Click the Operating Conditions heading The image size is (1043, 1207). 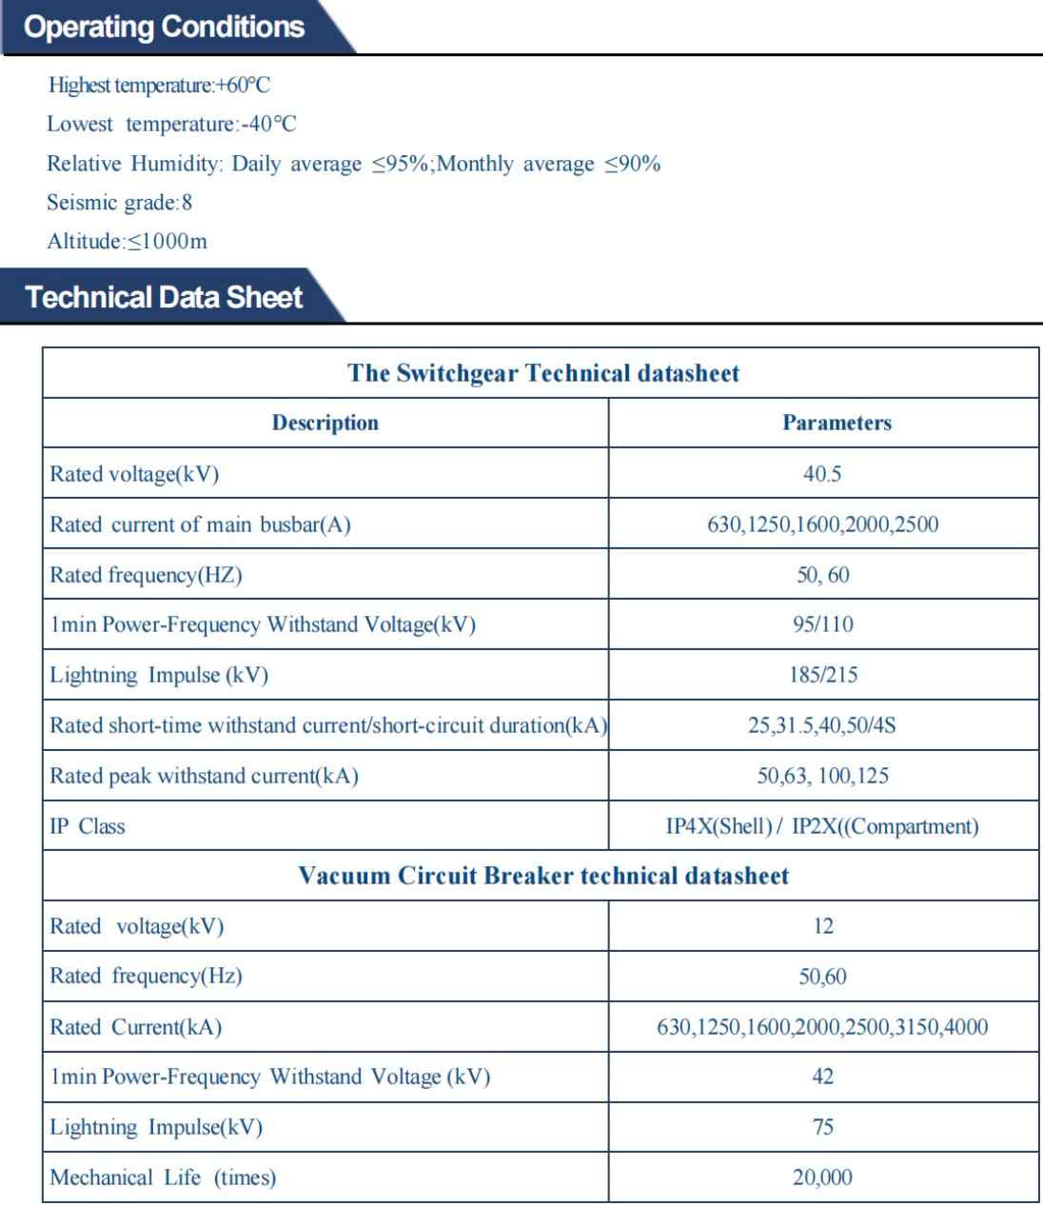(x=165, y=27)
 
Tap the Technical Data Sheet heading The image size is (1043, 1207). (x=165, y=297)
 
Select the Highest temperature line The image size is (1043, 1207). (x=159, y=86)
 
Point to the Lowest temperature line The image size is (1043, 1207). (x=171, y=125)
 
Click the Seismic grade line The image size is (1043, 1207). (x=120, y=203)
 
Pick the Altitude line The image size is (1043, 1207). (x=127, y=242)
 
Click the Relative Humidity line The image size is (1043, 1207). (x=353, y=164)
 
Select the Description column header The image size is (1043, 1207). (x=325, y=423)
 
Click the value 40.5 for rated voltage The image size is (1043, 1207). (x=822, y=474)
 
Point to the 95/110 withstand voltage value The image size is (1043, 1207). (x=822, y=624)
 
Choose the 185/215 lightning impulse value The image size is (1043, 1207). (x=822, y=675)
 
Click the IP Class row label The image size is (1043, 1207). (x=87, y=826)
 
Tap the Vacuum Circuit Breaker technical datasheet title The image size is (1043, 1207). (x=543, y=876)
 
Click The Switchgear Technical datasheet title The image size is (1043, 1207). (x=543, y=372)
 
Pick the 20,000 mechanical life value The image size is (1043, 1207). (x=822, y=1177)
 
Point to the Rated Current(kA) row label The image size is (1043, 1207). (x=135, y=1027)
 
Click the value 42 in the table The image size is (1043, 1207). (x=822, y=1077)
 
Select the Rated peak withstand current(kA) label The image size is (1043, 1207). (x=204, y=776)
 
